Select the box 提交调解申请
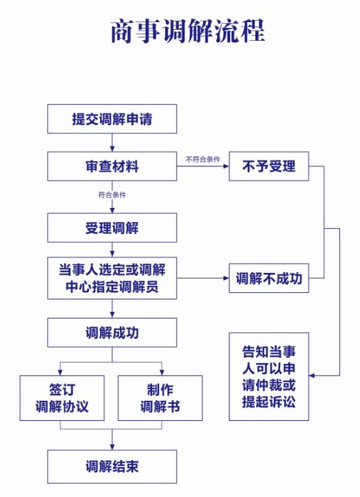coord(112,119)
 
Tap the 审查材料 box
coord(112,166)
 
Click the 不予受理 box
coord(268,166)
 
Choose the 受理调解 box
coord(112,228)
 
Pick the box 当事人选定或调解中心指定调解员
coord(112,278)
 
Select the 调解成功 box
coord(112,333)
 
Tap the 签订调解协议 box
coord(62,398)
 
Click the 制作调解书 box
coord(160,398)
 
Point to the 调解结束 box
coord(112,466)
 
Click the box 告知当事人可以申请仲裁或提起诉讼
coord(268,376)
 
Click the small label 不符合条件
coord(203,159)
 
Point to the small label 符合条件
coord(112,194)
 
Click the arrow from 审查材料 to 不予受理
coord(203,167)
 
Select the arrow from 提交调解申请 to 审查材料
coord(112,143)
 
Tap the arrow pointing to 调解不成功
coord(203,279)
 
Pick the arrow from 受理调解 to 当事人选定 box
coord(112,249)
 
